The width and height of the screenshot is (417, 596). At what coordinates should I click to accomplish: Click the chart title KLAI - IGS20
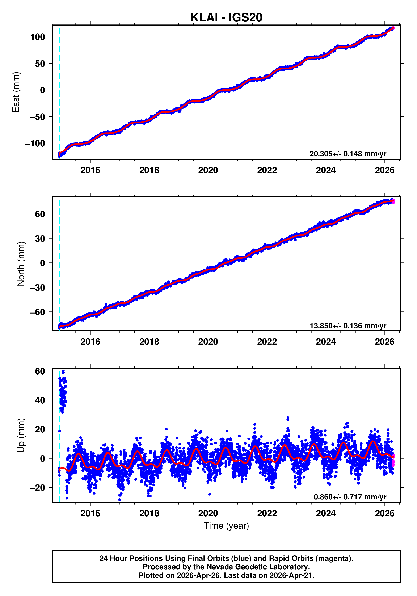pos(226,17)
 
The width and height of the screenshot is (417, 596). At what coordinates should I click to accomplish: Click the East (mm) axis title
pos(16,92)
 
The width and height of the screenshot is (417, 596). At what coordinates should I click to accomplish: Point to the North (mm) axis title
pos(21,264)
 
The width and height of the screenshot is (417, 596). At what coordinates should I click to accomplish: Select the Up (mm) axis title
pos(21,435)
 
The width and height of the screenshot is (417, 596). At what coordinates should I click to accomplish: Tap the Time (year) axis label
pos(226,526)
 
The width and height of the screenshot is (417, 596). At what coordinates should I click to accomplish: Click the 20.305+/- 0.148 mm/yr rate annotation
pos(348,154)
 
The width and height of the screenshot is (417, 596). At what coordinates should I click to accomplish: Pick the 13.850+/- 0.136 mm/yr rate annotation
pos(348,326)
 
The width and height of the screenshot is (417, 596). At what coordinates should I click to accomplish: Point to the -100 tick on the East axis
pos(35,143)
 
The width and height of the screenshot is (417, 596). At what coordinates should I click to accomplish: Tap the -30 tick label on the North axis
pos(38,287)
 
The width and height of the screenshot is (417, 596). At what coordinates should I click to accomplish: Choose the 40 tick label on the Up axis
pos(40,400)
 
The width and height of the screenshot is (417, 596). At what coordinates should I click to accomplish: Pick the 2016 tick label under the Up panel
pos(90,513)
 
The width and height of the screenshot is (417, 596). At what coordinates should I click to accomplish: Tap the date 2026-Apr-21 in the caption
pos(291,575)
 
